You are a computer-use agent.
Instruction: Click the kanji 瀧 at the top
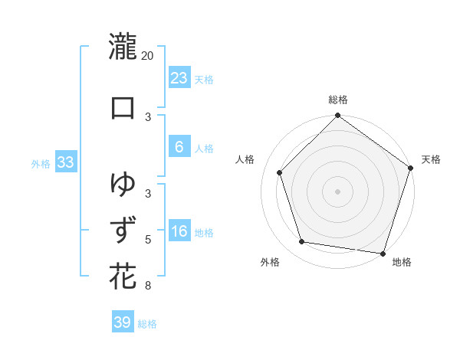tap(123, 47)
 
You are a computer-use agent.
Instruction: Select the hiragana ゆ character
tap(123, 184)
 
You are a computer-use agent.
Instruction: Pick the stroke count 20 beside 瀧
tap(148, 56)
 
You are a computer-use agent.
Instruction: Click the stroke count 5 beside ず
tap(148, 240)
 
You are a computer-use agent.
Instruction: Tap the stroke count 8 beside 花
tap(148, 286)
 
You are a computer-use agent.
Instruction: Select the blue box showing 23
tap(179, 78)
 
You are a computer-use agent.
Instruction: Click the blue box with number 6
tap(179, 148)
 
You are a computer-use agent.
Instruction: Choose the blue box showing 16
tap(179, 232)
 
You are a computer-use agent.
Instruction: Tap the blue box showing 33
tap(65, 163)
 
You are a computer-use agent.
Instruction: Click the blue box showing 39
tap(123, 322)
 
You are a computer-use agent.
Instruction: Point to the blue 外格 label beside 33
tap(41, 164)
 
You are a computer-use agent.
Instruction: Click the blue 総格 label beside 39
tap(147, 324)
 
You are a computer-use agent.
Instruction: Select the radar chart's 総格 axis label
tap(337, 100)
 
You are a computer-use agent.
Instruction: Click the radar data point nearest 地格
tap(383, 253)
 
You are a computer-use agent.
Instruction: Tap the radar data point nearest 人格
tap(280, 172)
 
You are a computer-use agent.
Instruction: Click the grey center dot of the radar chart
tap(337, 191)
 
